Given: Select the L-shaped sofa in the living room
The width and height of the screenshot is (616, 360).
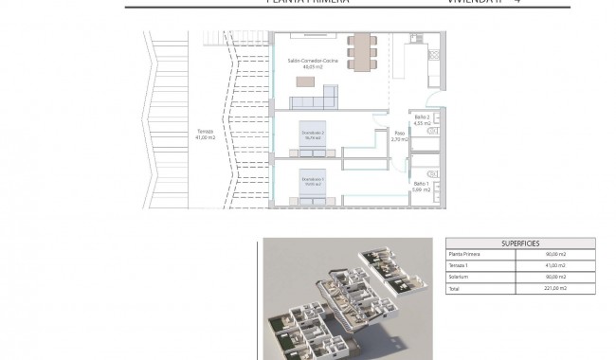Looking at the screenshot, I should [328, 94].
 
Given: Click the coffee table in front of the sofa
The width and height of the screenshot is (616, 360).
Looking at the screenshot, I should [305, 82].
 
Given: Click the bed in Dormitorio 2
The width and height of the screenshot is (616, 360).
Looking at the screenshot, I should [314, 136].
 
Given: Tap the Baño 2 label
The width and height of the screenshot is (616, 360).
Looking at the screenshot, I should [423, 120].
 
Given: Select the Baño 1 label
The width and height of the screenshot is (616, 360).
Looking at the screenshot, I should [423, 187].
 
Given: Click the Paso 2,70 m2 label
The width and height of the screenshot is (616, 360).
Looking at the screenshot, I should [398, 135].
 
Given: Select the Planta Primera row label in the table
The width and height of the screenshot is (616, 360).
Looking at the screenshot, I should [464, 254].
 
